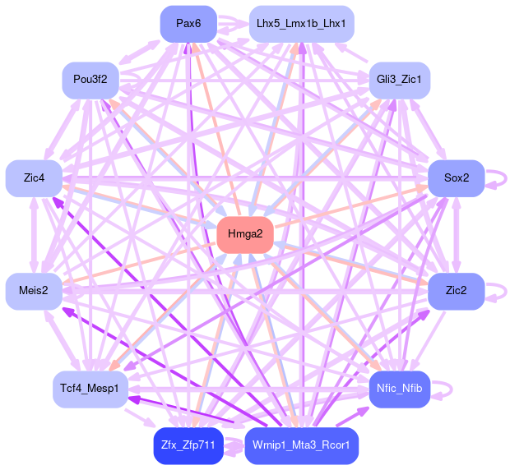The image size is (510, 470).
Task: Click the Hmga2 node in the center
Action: coord(245,235)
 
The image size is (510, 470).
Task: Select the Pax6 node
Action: coord(188,23)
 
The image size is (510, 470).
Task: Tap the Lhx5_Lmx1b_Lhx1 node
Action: coord(301,23)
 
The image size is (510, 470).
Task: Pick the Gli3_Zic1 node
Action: coord(399,80)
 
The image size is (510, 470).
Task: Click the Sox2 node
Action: coord(457,178)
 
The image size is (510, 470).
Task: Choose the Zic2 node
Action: coord(457,291)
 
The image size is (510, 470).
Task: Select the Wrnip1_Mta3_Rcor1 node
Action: coord(301,446)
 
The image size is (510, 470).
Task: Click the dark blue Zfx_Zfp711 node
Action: coord(188,446)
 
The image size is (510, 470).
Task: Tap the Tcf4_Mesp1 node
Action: coord(90,388)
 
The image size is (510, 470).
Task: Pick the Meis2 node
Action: coord(34,291)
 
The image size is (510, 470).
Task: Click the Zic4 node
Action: coord(34,178)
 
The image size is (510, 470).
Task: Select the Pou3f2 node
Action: coord(90,80)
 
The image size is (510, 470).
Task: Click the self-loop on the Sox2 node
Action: coord(497,178)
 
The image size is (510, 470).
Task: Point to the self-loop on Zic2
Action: coord(497,291)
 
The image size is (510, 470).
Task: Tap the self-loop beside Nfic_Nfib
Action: coord(444,389)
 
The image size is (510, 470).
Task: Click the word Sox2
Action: coord(457,178)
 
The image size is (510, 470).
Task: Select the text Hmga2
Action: coord(245,235)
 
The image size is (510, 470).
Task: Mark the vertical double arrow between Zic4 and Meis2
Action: coord(34,235)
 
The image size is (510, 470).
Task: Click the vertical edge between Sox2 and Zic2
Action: coord(457,235)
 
